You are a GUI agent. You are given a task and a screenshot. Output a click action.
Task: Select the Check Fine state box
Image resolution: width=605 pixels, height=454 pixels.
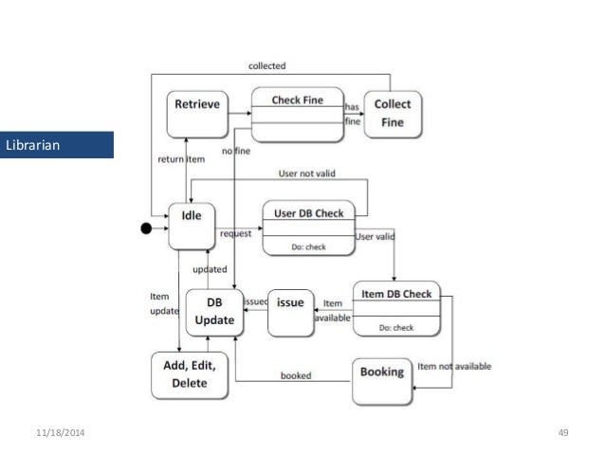297,116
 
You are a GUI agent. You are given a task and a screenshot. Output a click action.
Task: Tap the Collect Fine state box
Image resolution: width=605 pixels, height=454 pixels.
393,114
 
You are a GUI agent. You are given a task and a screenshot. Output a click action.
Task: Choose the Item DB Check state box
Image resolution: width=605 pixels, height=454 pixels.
396,308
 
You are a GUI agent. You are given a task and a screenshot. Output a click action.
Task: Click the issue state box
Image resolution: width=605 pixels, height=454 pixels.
290,311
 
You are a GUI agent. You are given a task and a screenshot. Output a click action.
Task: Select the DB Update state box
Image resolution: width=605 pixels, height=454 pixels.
214,312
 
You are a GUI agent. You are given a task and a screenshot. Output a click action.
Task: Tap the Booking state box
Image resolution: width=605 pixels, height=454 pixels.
382,378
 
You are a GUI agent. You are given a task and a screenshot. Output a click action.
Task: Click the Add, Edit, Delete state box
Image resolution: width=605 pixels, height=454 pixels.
191,374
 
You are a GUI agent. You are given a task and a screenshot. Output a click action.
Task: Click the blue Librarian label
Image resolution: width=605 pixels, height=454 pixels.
57,144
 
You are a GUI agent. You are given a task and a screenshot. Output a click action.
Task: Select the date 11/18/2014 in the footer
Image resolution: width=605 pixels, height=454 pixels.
58,433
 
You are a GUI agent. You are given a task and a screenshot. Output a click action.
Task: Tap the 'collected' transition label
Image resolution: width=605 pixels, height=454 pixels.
266,66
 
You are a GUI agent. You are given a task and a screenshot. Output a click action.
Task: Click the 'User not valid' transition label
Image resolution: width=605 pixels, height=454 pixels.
306,174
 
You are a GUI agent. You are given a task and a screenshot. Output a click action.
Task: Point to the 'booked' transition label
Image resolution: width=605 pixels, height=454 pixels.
295,374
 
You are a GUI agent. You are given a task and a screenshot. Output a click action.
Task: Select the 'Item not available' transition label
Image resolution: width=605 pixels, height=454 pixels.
452,366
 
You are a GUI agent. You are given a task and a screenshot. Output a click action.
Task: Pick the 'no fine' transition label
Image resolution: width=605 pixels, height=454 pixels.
235,151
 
